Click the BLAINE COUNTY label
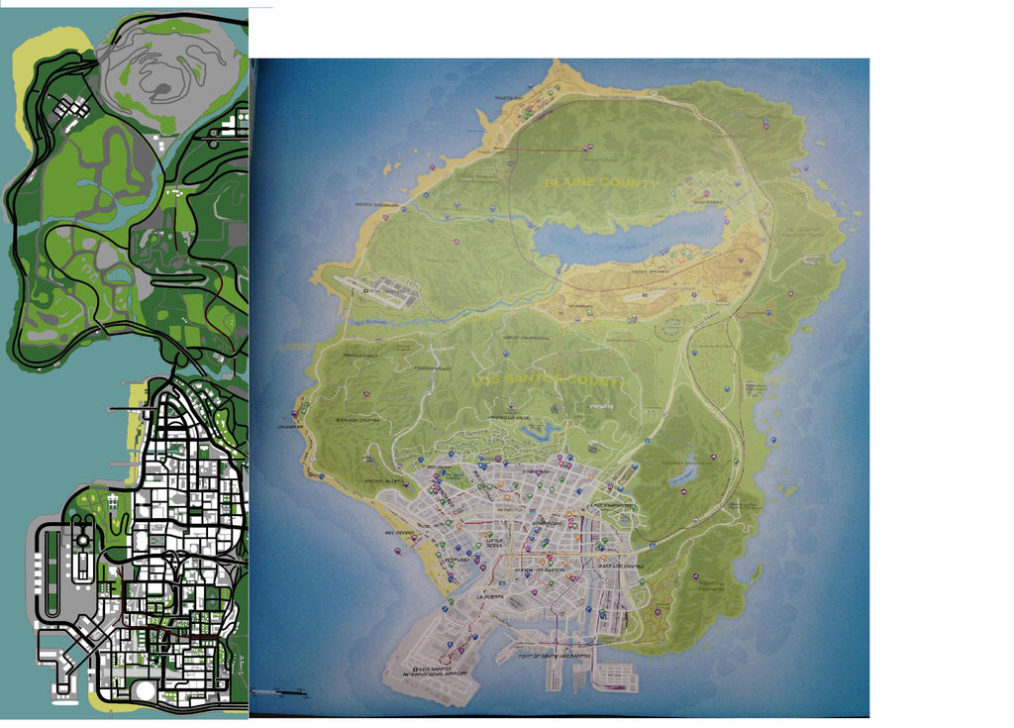click(600, 183)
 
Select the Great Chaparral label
click(525, 337)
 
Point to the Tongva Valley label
click(433, 368)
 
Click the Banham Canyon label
click(357, 420)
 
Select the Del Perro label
click(396, 532)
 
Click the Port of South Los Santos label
click(552, 656)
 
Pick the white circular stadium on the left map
click(146, 688)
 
